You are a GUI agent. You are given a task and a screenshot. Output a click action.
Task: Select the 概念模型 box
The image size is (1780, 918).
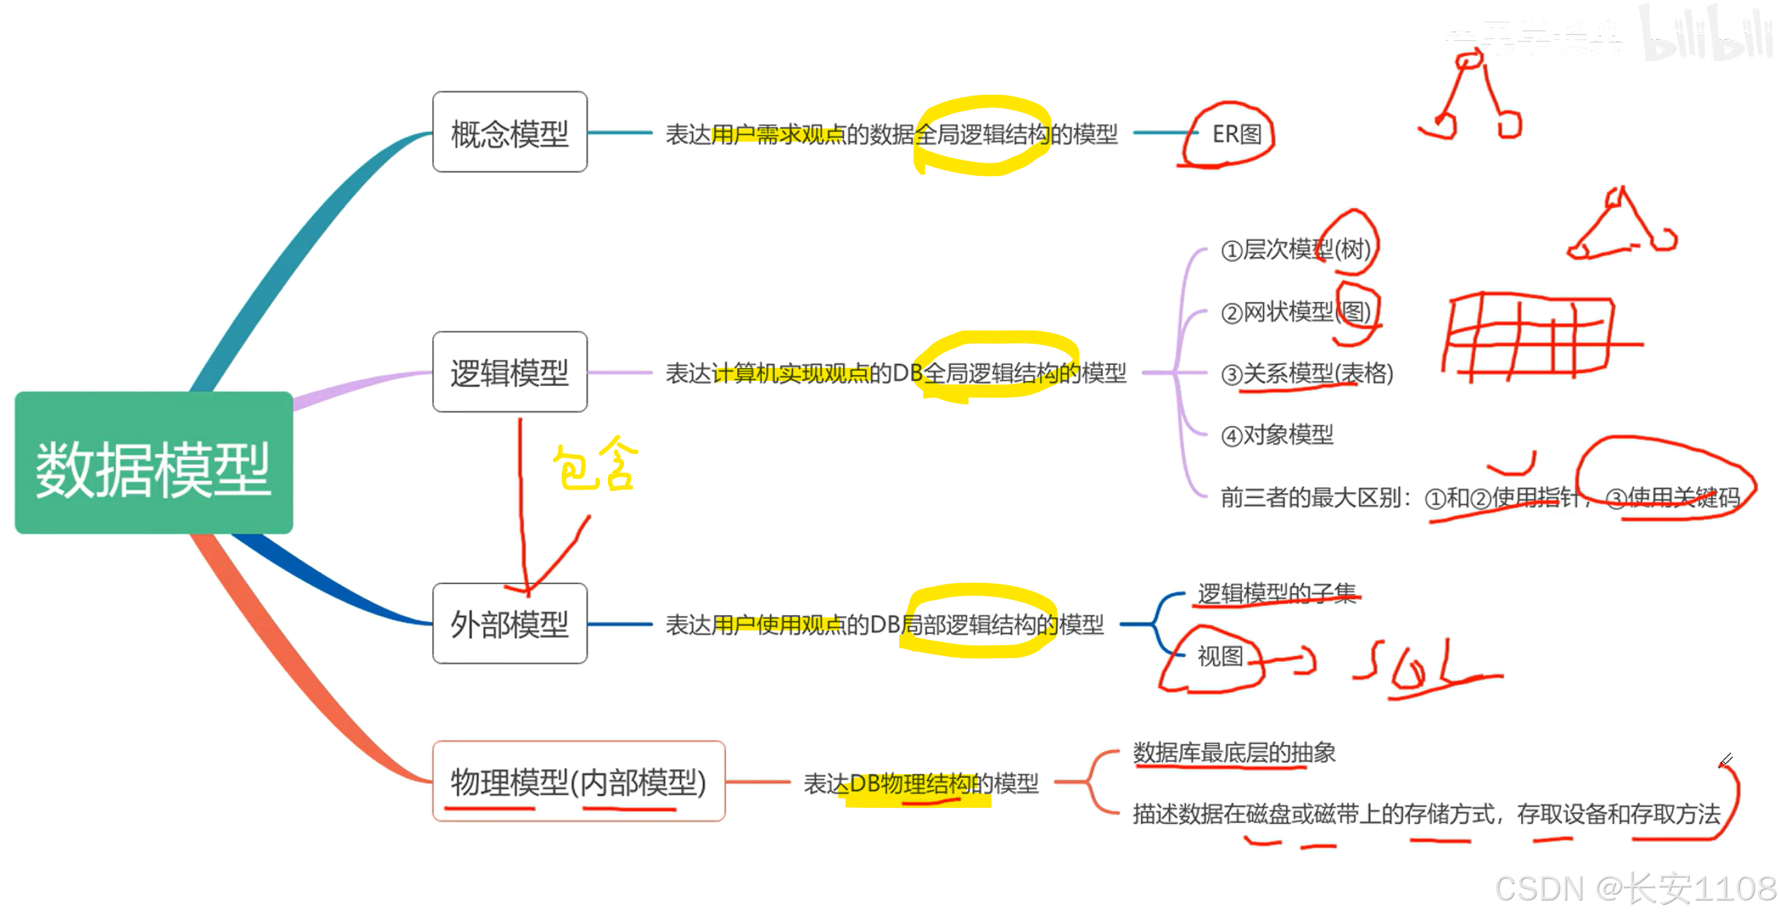click(x=509, y=133)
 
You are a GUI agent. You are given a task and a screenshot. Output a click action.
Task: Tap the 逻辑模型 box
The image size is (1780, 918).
click(x=509, y=372)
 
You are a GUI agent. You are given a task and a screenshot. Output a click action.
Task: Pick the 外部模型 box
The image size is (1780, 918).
click(x=509, y=624)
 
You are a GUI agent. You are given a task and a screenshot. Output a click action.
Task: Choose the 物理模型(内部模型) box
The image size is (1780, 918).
click(x=578, y=782)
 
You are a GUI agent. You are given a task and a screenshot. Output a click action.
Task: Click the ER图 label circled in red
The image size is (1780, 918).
click(x=1236, y=134)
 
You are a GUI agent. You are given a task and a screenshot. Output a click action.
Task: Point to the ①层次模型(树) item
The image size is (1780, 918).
click(x=1295, y=250)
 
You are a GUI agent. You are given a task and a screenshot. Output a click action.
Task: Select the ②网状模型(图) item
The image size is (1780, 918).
click(x=1295, y=312)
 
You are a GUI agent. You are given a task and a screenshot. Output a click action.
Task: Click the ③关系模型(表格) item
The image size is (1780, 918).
click(x=1306, y=374)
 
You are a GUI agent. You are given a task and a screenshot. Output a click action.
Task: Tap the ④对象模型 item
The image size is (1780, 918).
click(x=1277, y=435)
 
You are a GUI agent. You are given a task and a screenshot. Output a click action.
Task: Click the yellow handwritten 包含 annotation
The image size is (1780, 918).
click(x=595, y=465)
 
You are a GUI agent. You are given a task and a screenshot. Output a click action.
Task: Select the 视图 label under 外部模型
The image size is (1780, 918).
click(x=1220, y=656)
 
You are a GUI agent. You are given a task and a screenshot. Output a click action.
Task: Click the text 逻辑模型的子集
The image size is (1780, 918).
click(x=1276, y=593)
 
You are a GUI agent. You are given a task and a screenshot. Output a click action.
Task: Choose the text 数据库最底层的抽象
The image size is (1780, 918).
click(x=1233, y=752)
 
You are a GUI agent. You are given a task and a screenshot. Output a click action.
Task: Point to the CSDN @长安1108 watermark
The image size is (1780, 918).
click(x=1635, y=889)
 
